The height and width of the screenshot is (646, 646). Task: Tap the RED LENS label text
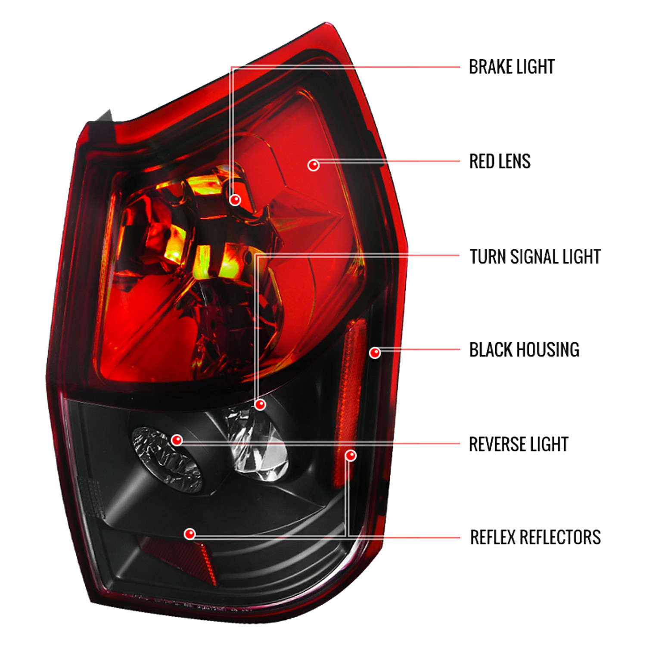tap(500, 161)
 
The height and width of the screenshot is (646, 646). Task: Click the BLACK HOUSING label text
tap(524, 350)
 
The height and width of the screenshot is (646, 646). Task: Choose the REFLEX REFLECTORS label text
tap(535, 537)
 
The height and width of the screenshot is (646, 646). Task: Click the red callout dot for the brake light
tap(235, 200)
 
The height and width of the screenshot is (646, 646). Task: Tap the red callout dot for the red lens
tap(314, 165)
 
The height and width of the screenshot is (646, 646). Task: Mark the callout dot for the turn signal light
tap(260, 405)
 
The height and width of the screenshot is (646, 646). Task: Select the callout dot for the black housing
tap(375, 353)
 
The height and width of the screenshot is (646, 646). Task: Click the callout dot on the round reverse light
tap(177, 440)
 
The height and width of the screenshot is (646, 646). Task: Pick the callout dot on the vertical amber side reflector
tap(351, 456)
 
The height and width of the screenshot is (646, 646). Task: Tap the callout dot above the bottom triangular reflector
tap(189, 534)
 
